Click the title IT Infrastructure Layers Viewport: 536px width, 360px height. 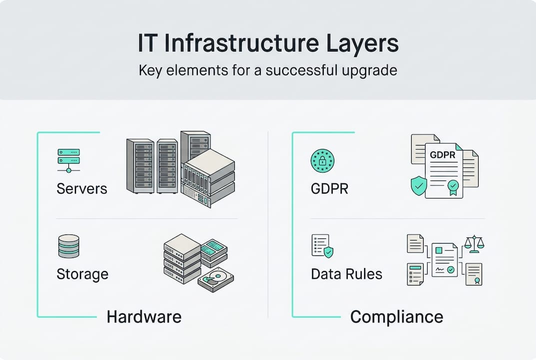268,44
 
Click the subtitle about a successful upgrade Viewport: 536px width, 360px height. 268,69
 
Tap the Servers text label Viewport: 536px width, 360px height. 82,189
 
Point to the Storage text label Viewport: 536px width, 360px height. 82,274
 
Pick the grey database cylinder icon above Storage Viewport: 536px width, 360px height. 69,246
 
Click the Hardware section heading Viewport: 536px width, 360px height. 144,316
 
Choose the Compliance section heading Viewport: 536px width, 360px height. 396,316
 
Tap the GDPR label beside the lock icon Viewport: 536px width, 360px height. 330,189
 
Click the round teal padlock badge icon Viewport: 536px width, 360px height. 322,160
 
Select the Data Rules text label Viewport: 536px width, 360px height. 346,274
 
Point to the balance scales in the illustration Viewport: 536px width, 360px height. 474,243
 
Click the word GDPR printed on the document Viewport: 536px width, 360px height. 443,155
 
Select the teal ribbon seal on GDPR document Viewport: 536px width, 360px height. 453,187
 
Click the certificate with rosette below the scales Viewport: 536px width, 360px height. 474,273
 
